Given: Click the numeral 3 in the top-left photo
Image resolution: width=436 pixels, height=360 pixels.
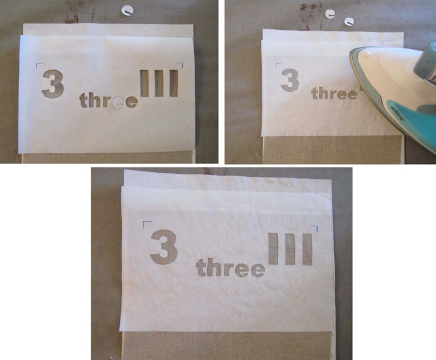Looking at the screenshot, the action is coord(53,84).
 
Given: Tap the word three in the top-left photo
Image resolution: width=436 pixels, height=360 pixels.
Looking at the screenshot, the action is coord(108,100).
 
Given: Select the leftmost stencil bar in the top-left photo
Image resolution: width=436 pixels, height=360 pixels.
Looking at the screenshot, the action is coord(144,83).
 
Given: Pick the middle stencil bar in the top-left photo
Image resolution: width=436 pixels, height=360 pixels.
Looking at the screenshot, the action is coord(159,83).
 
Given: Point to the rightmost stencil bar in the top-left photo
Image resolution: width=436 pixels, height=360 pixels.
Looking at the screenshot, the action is coord(174,83).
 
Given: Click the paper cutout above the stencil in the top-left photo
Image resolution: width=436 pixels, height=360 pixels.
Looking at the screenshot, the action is coord(127,11).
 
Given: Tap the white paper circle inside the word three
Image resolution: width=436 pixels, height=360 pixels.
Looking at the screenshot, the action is coord(119,102).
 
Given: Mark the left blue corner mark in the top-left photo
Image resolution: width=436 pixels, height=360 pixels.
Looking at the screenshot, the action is coord(40,65).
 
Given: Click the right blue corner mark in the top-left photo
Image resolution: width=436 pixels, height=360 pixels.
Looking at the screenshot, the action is coord(181,65).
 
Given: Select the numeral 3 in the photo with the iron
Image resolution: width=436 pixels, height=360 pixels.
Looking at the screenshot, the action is coord(290,80).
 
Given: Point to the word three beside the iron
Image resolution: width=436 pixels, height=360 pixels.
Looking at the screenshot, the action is coord(334,93).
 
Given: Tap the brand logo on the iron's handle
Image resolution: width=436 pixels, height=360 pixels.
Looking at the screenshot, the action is coord(397,113).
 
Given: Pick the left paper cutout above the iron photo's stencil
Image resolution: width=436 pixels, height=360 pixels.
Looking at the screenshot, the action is coord(330,14).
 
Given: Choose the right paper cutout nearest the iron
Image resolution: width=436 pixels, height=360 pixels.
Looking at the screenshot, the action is coord(349,22).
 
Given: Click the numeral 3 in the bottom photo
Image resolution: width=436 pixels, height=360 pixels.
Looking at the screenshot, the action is coord(164,247).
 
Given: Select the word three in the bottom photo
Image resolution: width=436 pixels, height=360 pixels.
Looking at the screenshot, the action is coord(230,267).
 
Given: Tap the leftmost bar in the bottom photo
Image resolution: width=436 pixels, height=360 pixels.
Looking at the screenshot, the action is coord(273,249).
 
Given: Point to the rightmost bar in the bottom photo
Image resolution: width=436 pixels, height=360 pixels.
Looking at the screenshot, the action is coord(307,250).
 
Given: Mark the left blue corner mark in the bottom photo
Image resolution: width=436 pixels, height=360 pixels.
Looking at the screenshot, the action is coord(146,224).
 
